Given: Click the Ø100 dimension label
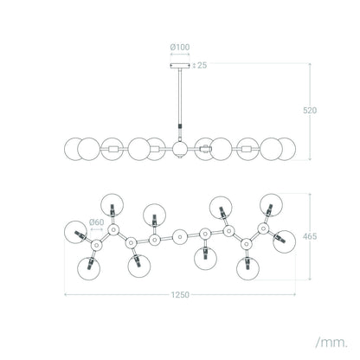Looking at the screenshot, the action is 180,47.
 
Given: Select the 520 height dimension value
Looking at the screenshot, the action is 310,110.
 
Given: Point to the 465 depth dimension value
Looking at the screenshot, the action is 310,236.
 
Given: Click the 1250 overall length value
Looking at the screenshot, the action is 180,295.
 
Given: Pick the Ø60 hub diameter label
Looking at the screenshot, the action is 96,222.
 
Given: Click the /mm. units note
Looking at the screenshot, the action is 331,343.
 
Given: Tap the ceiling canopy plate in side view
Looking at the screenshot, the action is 180,66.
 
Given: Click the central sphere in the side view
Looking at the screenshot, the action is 180,149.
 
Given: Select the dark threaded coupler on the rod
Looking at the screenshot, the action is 180,127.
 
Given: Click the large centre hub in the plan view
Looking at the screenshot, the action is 180,237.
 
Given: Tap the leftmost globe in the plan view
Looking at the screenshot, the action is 75,232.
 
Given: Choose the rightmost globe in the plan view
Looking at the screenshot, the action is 285,241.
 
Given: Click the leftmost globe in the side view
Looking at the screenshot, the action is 74,149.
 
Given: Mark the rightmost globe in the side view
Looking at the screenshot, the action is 286,149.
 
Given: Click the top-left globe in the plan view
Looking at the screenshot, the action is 112,205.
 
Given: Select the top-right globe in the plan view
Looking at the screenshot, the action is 271,205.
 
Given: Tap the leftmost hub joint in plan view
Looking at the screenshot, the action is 96,246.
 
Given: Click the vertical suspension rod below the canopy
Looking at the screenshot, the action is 180,96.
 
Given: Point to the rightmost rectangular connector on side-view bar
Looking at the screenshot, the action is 247,149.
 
